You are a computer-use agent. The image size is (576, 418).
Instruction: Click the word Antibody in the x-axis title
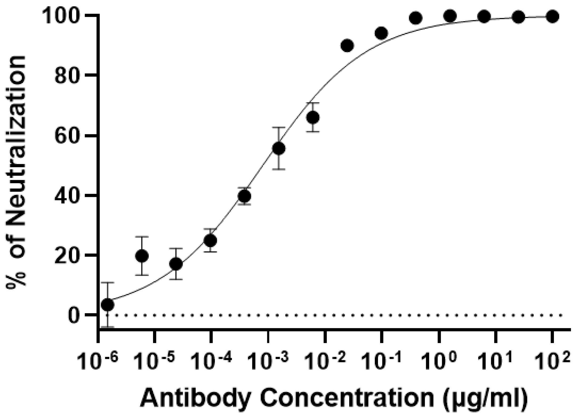(x=196, y=398)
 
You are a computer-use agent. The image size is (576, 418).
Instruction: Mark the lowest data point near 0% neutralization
(x=108, y=305)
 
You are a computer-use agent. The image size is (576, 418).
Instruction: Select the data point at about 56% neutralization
(x=279, y=148)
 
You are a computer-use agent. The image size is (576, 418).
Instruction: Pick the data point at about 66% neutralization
(x=313, y=117)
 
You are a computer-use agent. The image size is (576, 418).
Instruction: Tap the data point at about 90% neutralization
(x=347, y=45)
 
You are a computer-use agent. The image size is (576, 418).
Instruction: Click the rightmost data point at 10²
(x=552, y=16)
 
